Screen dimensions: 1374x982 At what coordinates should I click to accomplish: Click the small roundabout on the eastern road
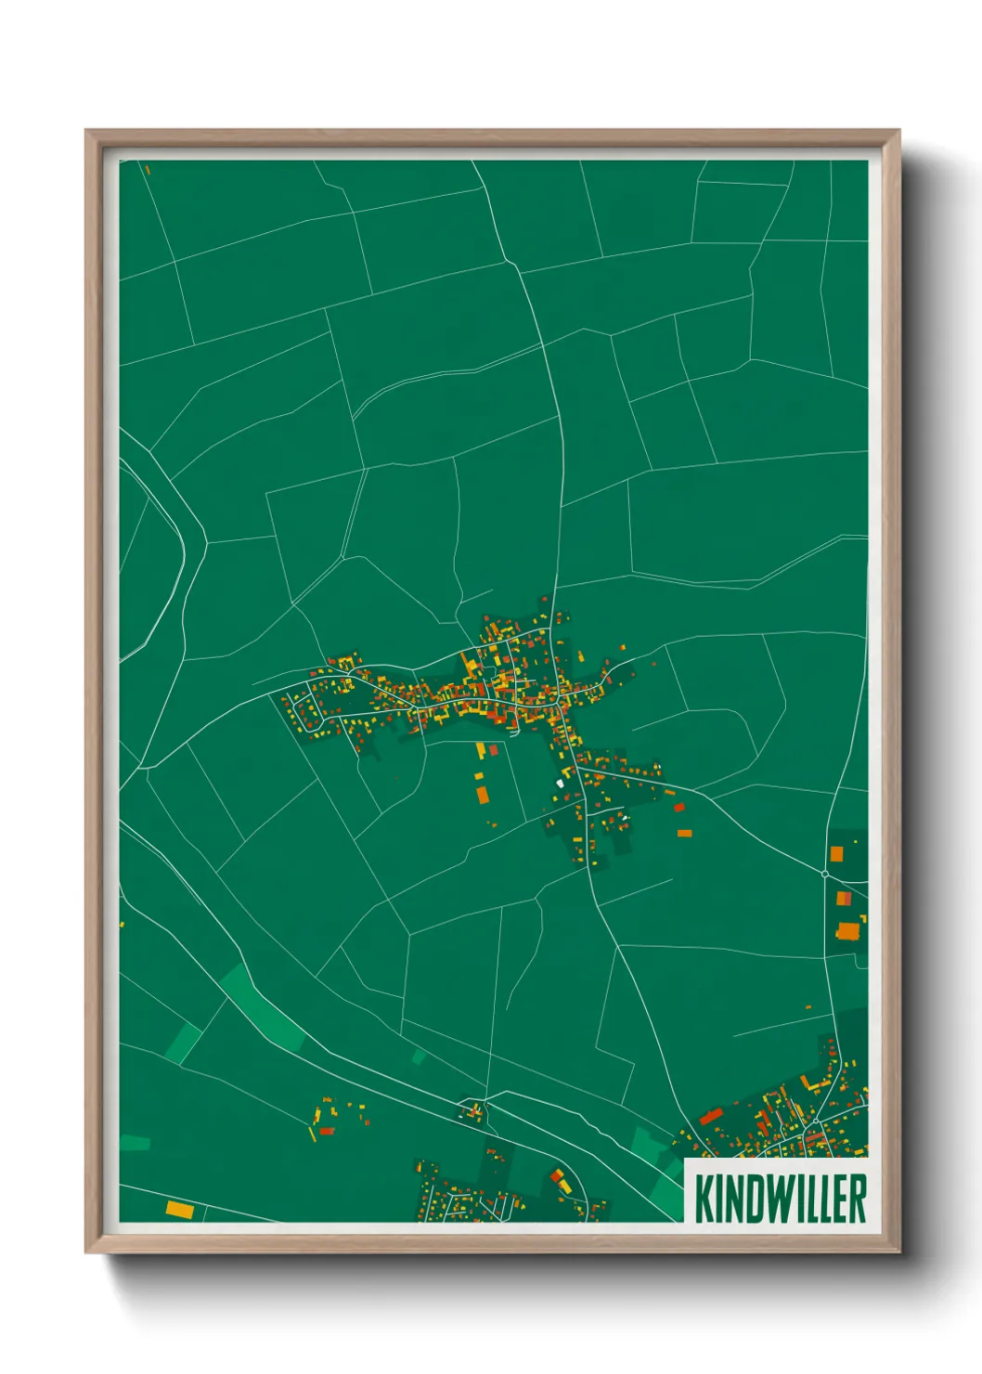824,874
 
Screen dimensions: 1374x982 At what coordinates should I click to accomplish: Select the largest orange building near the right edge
849,930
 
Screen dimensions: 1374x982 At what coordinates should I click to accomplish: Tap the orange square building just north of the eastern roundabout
836,853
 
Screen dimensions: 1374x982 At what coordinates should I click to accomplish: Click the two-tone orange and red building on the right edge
844,899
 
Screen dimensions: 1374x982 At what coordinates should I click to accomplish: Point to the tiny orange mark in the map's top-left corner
147,169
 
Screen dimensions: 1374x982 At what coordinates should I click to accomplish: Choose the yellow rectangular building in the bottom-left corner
179,1209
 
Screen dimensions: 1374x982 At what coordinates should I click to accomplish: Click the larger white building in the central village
560,784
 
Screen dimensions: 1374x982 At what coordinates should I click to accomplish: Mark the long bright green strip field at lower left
263,1008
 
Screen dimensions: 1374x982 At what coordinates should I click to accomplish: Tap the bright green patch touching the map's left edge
135,1143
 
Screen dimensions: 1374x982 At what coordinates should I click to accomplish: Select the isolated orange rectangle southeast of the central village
684,833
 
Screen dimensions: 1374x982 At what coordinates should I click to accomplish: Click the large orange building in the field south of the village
482,794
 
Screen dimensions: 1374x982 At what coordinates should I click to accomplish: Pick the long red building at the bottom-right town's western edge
710,1116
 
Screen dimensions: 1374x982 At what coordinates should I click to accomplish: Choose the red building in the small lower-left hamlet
326,1130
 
